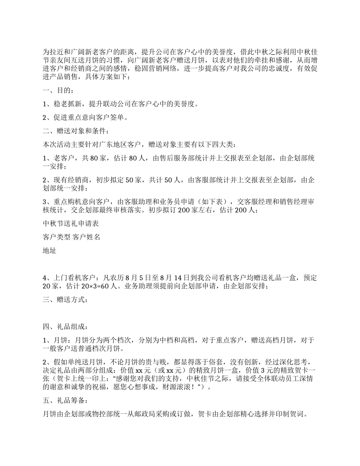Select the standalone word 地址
click(x=50, y=250)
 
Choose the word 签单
click(x=117, y=117)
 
